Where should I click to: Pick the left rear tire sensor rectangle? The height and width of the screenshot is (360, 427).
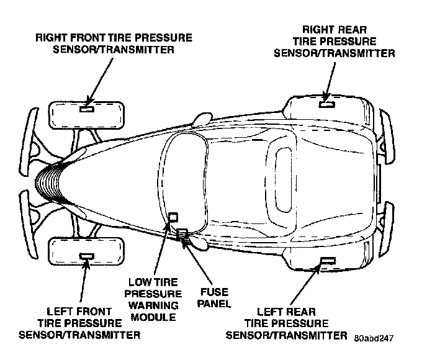[326, 260]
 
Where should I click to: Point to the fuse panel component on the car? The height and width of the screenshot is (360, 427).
[182, 234]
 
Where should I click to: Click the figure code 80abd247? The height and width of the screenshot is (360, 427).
[374, 338]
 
